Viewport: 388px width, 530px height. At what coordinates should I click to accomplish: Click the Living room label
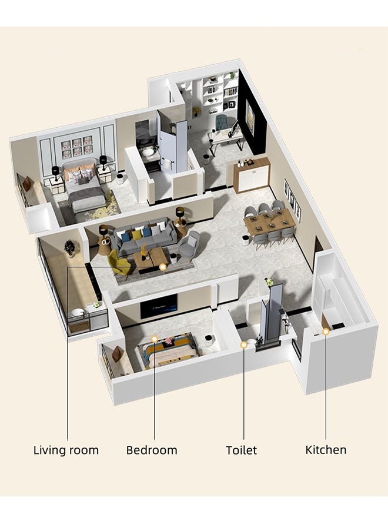click(66, 450)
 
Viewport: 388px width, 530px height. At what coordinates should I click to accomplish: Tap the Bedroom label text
click(152, 450)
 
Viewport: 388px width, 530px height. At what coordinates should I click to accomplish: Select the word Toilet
click(241, 450)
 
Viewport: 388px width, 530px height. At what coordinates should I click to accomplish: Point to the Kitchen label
click(326, 450)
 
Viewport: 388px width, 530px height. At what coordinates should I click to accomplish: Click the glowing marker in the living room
click(163, 267)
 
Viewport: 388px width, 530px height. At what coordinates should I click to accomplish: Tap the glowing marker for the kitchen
click(326, 332)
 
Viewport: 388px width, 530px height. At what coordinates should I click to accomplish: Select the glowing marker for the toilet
click(243, 344)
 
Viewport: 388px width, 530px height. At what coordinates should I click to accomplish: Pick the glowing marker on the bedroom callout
click(154, 339)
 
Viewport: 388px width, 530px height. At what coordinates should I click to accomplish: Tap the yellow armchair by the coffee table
click(119, 263)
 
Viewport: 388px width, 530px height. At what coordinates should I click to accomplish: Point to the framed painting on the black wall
click(250, 115)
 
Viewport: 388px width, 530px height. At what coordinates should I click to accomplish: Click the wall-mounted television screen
click(159, 306)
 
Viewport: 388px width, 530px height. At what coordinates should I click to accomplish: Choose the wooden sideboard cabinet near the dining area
click(252, 175)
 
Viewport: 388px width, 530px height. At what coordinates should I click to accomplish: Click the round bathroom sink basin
click(148, 152)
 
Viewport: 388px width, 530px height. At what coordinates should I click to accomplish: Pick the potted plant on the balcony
click(70, 248)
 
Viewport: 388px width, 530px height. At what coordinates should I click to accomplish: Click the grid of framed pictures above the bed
click(76, 147)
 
